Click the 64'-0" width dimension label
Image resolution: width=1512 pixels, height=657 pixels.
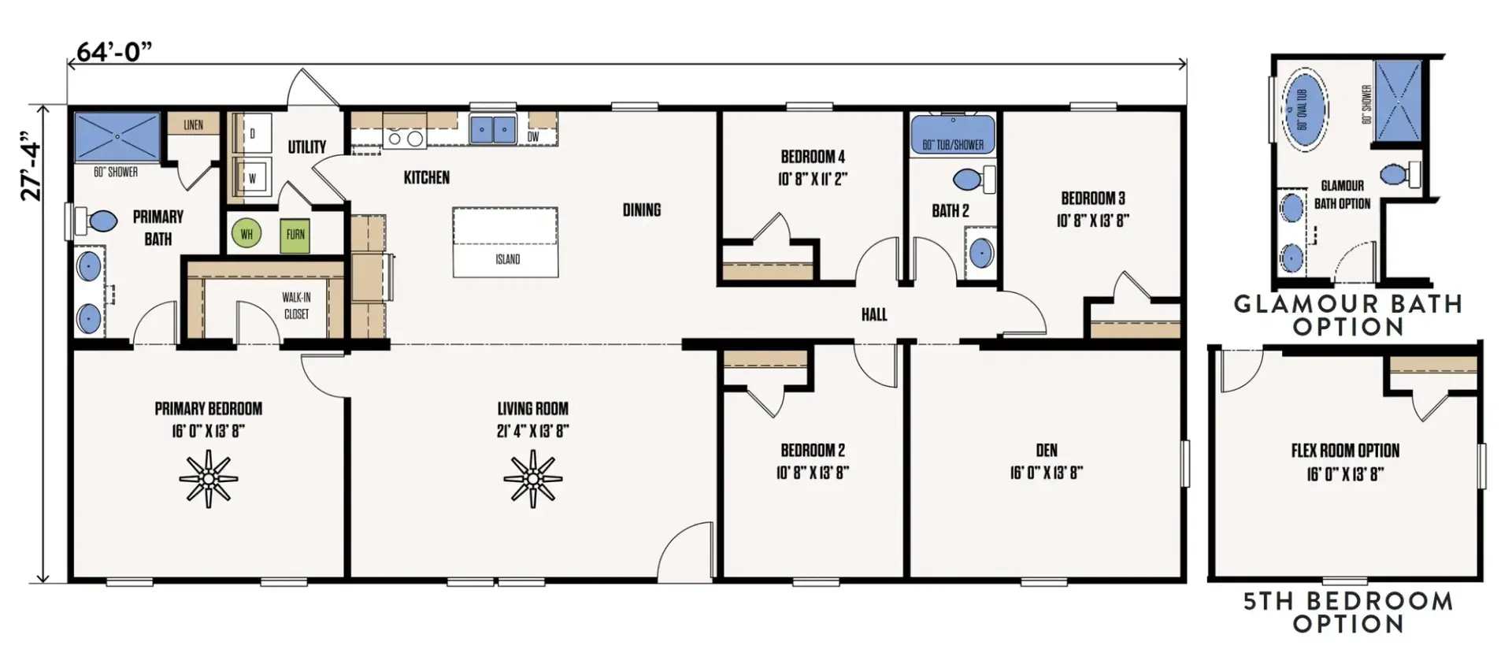pos(113,52)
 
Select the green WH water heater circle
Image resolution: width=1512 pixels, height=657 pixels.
pos(246,234)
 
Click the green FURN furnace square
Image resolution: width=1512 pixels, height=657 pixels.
pos(295,235)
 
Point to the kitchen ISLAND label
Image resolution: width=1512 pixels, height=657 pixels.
pos(507,259)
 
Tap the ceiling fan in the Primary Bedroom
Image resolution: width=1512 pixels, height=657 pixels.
pos(208,478)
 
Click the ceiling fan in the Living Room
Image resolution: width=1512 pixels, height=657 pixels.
pos(533,478)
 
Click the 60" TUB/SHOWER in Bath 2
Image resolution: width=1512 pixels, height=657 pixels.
pos(953,135)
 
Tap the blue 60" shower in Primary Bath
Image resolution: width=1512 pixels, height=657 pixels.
pos(117,136)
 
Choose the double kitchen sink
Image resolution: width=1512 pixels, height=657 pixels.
pos(492,129)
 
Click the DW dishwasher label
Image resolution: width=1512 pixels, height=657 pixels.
pos(533,137)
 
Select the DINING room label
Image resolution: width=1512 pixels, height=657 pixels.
pos(642,210)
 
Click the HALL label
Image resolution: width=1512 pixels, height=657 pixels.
pos(874,315)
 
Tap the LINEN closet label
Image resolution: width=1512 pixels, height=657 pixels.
pos(193,124)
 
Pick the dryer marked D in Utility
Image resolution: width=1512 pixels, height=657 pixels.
pos(253,134)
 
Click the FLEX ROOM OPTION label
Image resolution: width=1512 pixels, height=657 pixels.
pos(1345,451)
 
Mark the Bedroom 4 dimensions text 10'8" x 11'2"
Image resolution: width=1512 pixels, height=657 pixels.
pos(813,179)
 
